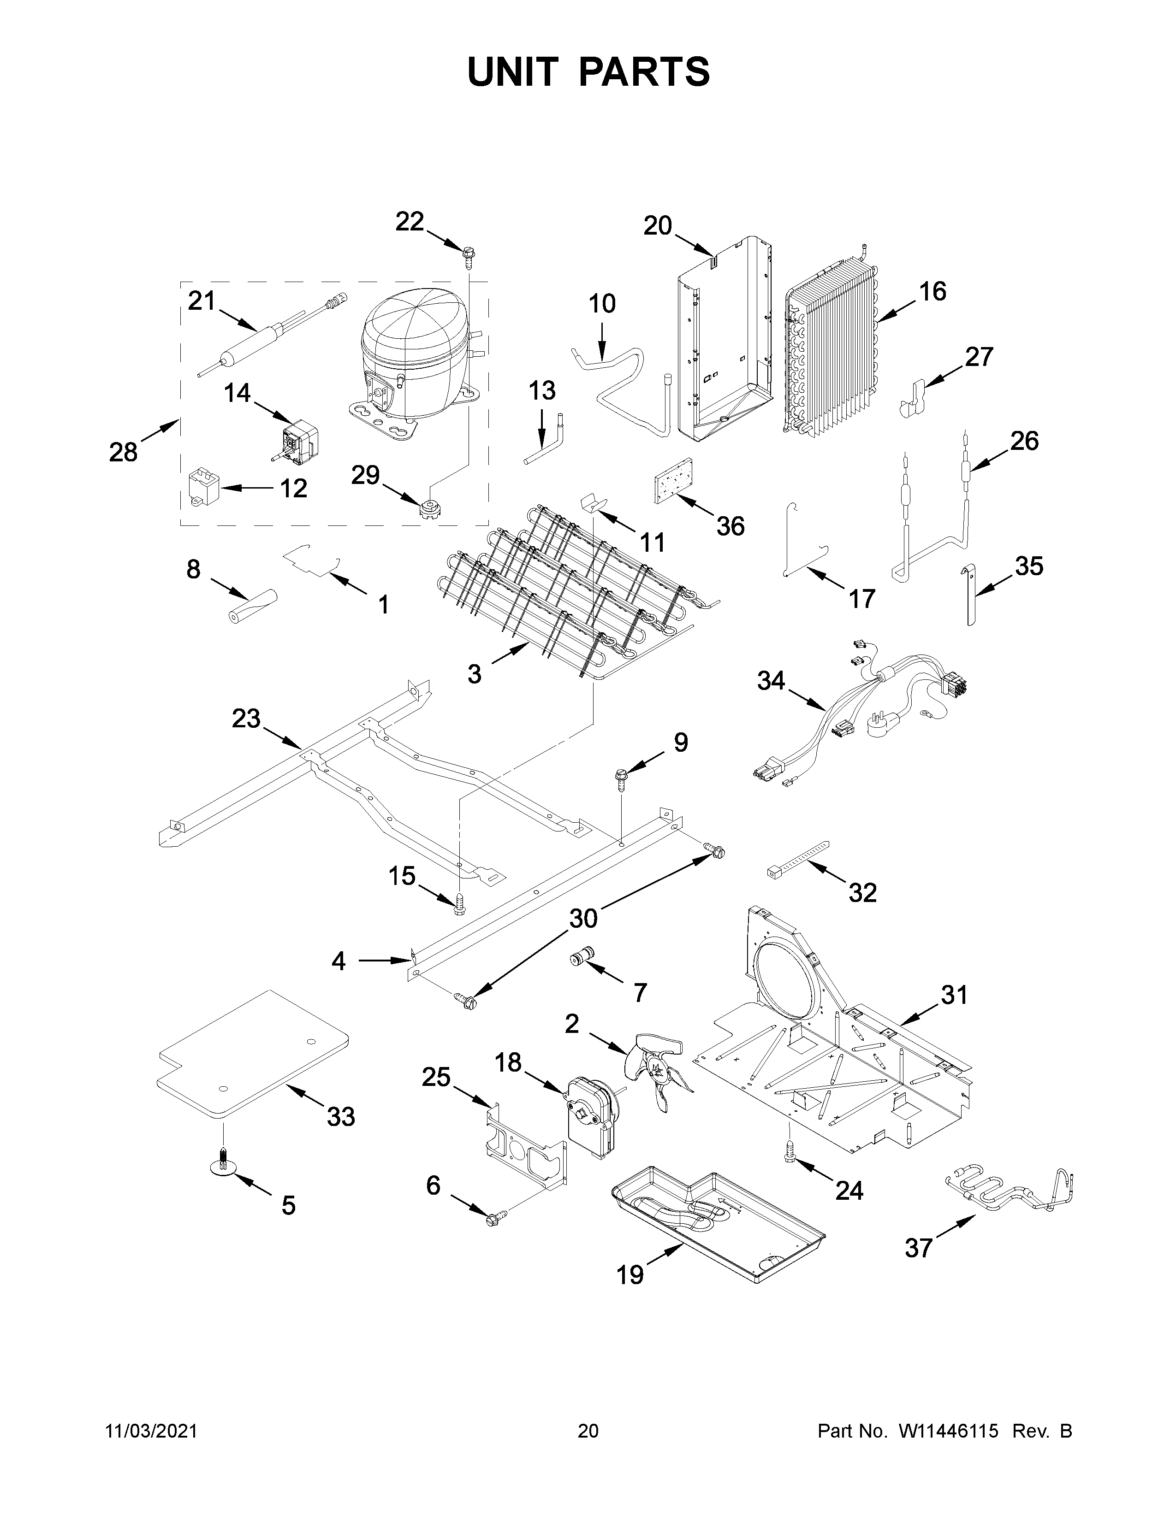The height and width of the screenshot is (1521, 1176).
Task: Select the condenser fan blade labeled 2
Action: click(x=659, y=1073)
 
